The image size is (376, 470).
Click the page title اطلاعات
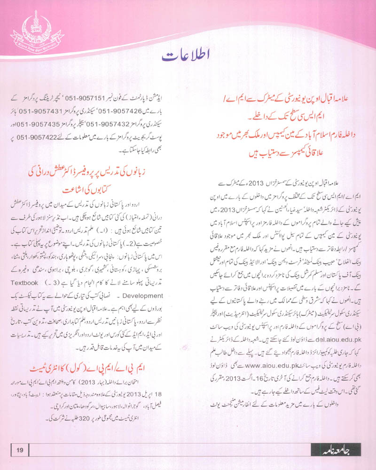[x=188, y=56]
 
